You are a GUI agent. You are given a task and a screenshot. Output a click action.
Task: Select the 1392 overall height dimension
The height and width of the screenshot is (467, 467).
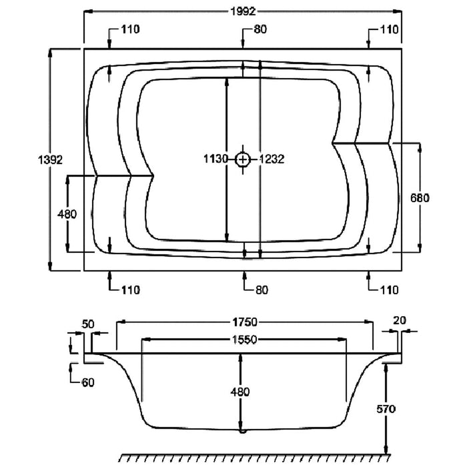pos(51,160)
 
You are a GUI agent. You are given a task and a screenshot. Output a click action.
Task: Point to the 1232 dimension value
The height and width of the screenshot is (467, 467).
pos(272,159)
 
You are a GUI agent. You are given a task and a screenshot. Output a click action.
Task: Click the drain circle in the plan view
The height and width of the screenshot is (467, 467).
pos(244,159)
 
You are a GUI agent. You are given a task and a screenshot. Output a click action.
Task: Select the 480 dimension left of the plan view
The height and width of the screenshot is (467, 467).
pos(68,215)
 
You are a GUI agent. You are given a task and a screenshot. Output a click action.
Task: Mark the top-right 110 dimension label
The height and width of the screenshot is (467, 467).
pos(390,29)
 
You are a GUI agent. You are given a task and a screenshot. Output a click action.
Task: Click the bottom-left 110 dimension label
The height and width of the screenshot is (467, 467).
pos(131,290)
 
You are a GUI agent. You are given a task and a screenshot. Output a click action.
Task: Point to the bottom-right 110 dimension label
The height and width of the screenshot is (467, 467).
pos(390,290)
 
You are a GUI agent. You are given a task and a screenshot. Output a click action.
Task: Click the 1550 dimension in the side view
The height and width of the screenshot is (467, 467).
pos(244,340)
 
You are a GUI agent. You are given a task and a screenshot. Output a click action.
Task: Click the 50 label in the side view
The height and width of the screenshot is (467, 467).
pos(88,324)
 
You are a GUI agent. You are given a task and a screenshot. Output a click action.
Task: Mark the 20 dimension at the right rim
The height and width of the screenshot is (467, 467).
pos(399,320)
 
